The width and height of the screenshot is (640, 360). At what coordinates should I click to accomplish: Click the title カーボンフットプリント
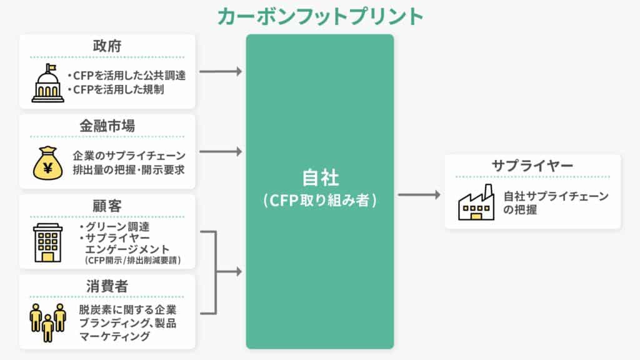[x=320, y=16]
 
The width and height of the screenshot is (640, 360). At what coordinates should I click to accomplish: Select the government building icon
[x=48, y=83]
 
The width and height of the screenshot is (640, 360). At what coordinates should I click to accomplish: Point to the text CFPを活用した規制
[x=118, y=89]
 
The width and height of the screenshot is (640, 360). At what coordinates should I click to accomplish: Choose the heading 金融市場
[x=107, y=126]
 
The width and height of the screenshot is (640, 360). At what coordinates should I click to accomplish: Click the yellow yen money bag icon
[x=48, y=162]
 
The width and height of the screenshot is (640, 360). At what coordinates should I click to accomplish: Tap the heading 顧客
[x=107, y=206]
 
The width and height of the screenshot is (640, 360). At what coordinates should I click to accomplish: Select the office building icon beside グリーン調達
[x=48, y=243]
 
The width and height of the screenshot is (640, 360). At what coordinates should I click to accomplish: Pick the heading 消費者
[x=107, y=286]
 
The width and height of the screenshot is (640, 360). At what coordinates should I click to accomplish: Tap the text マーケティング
[x=114, y=336]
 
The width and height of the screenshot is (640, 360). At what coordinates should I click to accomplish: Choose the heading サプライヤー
[x=532, y=166]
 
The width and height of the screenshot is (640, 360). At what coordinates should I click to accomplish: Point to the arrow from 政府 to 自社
[x=220, y=71]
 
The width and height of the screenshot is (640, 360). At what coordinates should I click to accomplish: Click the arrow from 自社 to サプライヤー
[x=419, y=195]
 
